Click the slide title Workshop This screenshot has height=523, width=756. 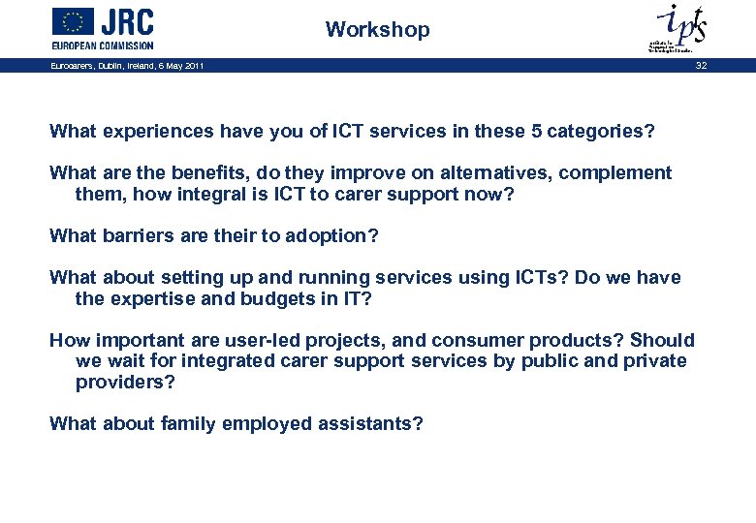377,30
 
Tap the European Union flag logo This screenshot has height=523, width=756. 73,21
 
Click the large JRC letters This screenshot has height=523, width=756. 127,21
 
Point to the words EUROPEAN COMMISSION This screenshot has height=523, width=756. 103,45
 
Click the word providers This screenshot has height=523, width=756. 124,382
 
